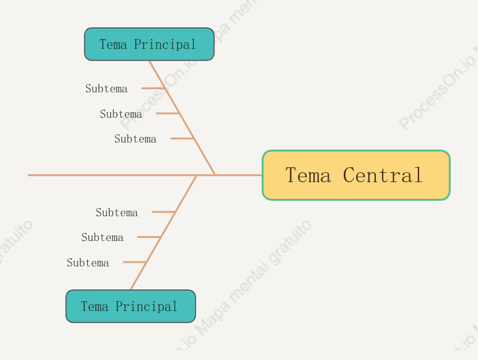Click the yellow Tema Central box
click(356, 175)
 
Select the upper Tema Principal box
click(149, 44)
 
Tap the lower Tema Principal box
click(131, 306)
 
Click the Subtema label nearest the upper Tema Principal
click(106, 89)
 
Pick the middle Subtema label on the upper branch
click(121, 114)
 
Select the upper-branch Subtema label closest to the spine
click(136, 139)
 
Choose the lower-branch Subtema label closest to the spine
click(117, 213)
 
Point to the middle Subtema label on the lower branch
click(102, 237)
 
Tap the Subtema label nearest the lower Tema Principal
click(88, 263)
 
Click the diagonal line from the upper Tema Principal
click(182, 118)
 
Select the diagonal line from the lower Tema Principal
click(163, 232)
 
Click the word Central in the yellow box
click(383, 175)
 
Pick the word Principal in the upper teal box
click(165, 45)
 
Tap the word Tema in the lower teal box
click(95, 306)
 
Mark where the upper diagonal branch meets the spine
click(215, 175)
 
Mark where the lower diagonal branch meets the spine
click(197, 175)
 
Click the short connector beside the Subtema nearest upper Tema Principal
click(154, 88)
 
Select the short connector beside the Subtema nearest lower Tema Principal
click(135, 261)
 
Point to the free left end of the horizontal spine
click(28, 175)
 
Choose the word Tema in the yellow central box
click(308, 175)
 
